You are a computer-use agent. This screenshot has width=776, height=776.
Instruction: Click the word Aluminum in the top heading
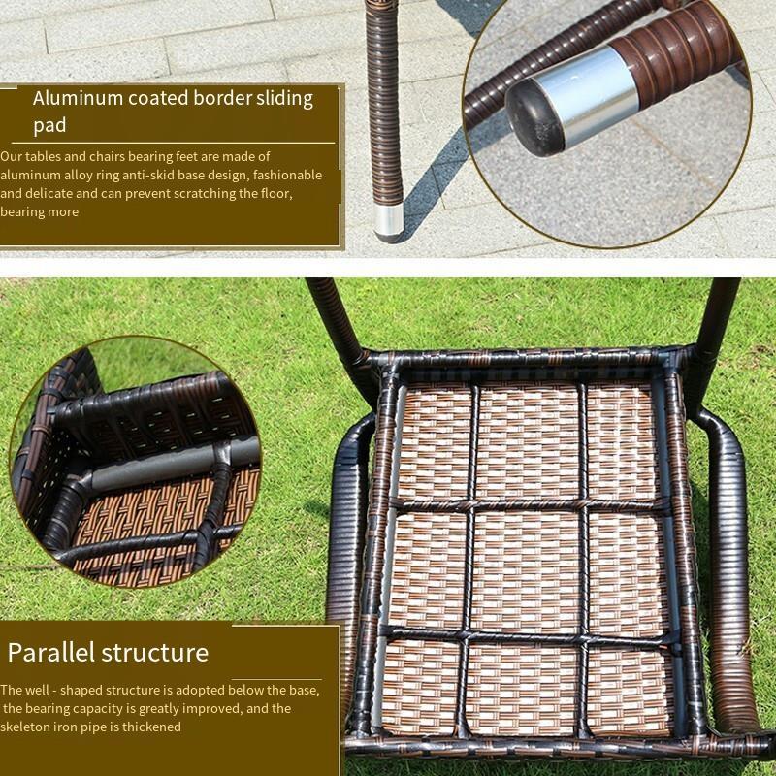[x=78, y=98]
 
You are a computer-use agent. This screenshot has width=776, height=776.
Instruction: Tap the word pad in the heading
[x=49, y=126]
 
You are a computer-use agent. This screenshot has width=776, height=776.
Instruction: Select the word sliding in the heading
[x=284, y=99]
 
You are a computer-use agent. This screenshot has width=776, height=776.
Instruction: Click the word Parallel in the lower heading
[x=50, y=652]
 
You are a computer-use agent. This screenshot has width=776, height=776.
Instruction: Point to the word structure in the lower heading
[x=155, y=653]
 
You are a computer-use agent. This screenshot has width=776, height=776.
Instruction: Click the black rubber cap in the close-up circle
[x=534, y=117]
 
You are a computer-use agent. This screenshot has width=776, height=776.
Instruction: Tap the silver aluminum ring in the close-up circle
[x=593, y=95]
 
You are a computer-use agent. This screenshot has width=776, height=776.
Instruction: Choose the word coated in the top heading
[x=158, y=98]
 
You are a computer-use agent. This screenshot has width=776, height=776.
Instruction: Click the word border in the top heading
[x=223, y=98]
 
